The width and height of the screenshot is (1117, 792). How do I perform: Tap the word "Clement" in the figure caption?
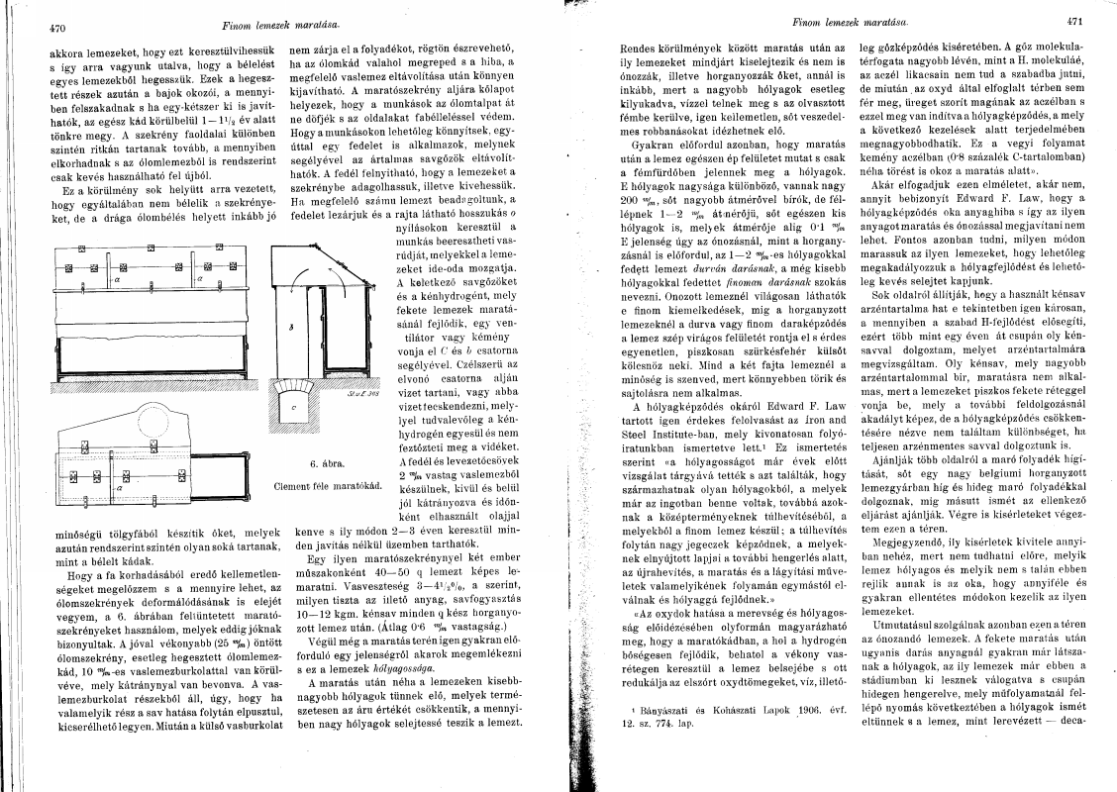(x=293, y=487)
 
